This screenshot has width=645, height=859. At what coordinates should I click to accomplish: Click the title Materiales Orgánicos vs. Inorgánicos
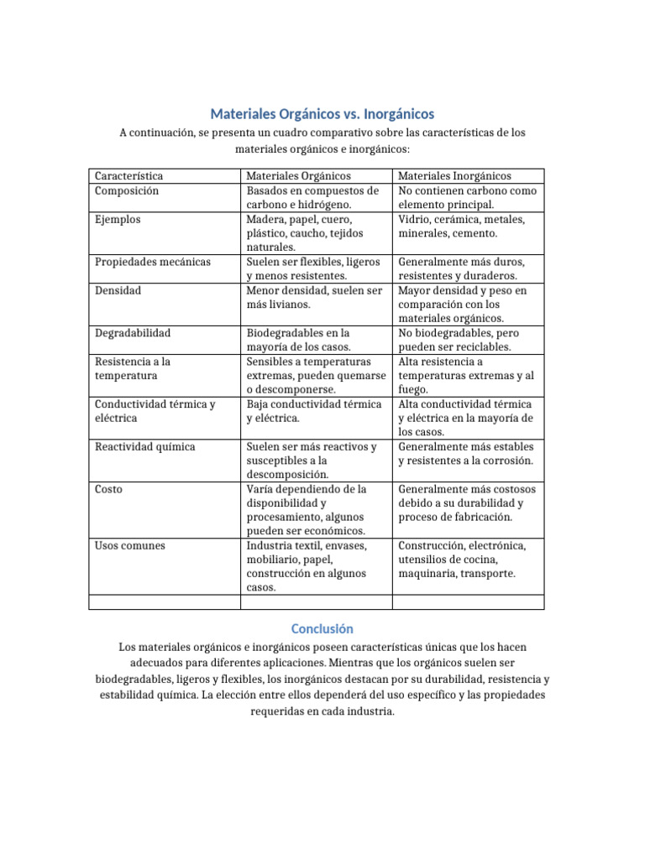coord(322,113)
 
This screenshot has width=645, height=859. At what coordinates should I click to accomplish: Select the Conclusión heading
coord(322,628)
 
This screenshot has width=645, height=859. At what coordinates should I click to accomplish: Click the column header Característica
coord(128,176)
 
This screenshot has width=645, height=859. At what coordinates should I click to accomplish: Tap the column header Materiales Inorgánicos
coord(454,176)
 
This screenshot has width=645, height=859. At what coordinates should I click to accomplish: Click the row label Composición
coord(127,190)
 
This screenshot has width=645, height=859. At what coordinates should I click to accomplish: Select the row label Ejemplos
coord(118,219)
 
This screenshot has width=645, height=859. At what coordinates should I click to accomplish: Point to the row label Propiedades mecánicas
coord(153,262)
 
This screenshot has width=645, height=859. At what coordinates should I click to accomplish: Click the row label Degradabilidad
coord(133,333)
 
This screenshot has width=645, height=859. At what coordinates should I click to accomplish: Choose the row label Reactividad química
coord(145,446)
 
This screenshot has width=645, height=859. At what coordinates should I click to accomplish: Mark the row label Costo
coord(108,489)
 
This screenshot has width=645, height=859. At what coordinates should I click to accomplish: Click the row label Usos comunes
coord(130,545)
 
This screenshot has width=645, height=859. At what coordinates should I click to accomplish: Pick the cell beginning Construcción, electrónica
coord(462,560)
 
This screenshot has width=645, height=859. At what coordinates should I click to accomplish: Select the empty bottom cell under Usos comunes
coord(165,601)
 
